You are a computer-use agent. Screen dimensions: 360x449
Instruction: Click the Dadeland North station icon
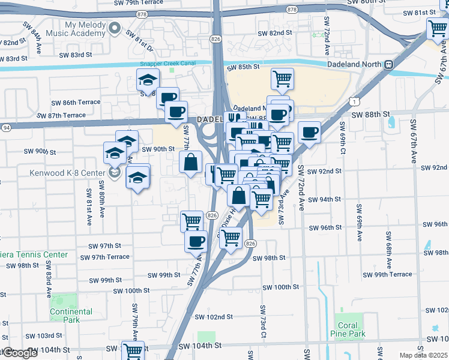coord(389,64)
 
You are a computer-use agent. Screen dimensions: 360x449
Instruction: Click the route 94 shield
coord(5,127)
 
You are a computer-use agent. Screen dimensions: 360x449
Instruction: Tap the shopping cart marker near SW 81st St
coord(438,28)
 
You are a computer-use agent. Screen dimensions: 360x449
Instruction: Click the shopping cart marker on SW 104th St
coord(133,350)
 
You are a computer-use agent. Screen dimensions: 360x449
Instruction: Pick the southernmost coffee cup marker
coord(196,241)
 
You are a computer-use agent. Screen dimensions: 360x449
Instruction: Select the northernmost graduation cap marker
coord(148,80)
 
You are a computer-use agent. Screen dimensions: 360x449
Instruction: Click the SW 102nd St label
coord(213,317)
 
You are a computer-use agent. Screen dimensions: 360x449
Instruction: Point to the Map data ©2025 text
coord(423,355)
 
